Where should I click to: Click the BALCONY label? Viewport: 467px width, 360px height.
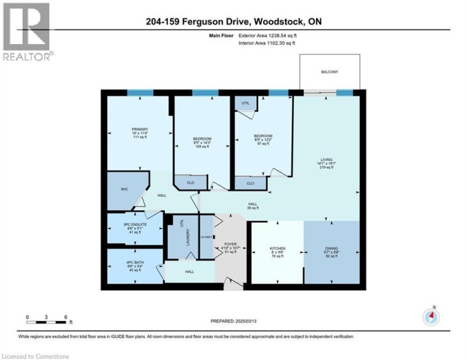pos(329,72)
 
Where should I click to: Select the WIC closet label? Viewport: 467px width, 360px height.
pos(125,190)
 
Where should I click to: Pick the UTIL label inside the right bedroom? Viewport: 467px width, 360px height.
pos(245,103)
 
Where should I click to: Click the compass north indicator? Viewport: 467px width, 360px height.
pos(431,317)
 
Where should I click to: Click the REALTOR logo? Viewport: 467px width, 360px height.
pos(27,32)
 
